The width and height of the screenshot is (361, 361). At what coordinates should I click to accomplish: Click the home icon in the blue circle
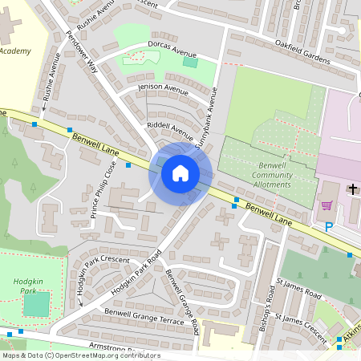click(x=180, y=172)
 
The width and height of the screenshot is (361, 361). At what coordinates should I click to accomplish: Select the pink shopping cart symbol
click(x=327, y=205)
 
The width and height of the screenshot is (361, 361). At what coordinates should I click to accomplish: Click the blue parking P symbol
click(x=328, y=227)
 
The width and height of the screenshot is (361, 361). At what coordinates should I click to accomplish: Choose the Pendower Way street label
click(x=84, y=54)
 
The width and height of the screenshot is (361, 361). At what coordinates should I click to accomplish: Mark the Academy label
click(x=16, y=51)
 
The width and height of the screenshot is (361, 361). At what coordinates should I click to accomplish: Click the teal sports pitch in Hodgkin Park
click(x=36, y=304)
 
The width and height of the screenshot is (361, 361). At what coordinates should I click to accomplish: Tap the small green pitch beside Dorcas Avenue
click(x=189, y=62)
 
